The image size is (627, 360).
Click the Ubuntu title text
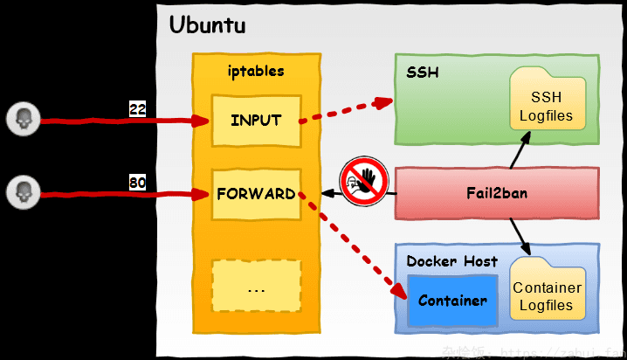coord(207,25)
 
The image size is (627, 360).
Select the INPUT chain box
coord(256,121)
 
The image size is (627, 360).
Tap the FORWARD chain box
coord(256,194)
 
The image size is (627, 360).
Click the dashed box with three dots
coord(256,287)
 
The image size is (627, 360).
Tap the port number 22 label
coord(137,109)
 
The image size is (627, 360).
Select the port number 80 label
coord(137,183)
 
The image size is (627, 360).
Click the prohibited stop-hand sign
coord(363,183)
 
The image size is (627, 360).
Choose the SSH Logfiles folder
coord(548,100)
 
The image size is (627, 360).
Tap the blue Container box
coord(452,301)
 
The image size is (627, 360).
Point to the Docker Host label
coord(452,260)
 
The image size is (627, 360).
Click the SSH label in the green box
coord(423,72)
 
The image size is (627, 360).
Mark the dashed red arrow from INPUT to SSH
coord(345,110)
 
